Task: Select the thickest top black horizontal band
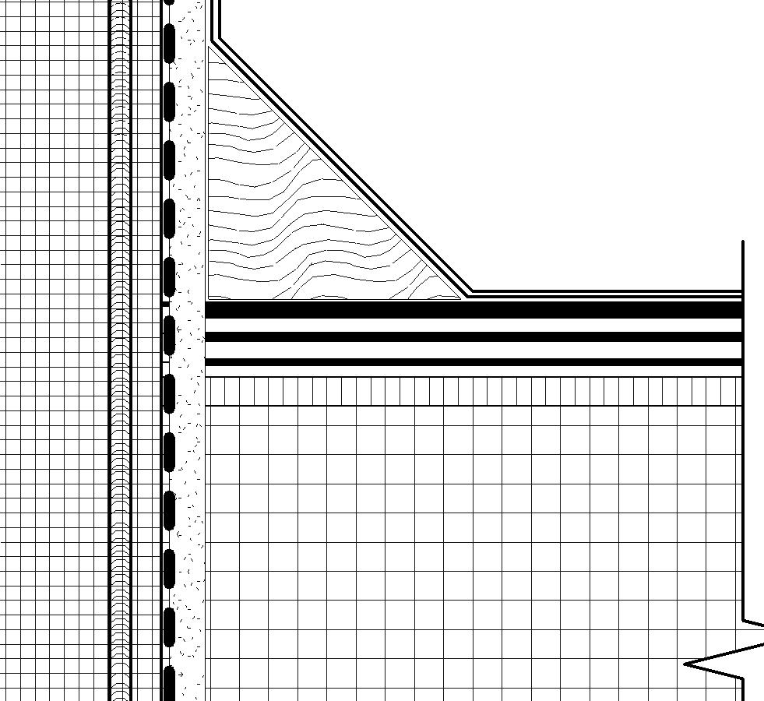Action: tap(467, 310)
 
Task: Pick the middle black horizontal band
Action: tap(467, 337)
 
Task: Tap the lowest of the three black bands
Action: tap(467, 362)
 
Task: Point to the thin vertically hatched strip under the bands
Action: tap(467, 391)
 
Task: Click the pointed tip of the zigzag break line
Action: tap(686, 664)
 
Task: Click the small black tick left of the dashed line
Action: tap(164, 303)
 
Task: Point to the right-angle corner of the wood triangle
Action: tap(209, 298)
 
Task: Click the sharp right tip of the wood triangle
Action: tap(461, 298)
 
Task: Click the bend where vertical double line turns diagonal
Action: tap(216, 38)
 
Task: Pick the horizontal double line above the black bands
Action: tap(607, 293)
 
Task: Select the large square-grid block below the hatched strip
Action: tap(467, 545)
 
